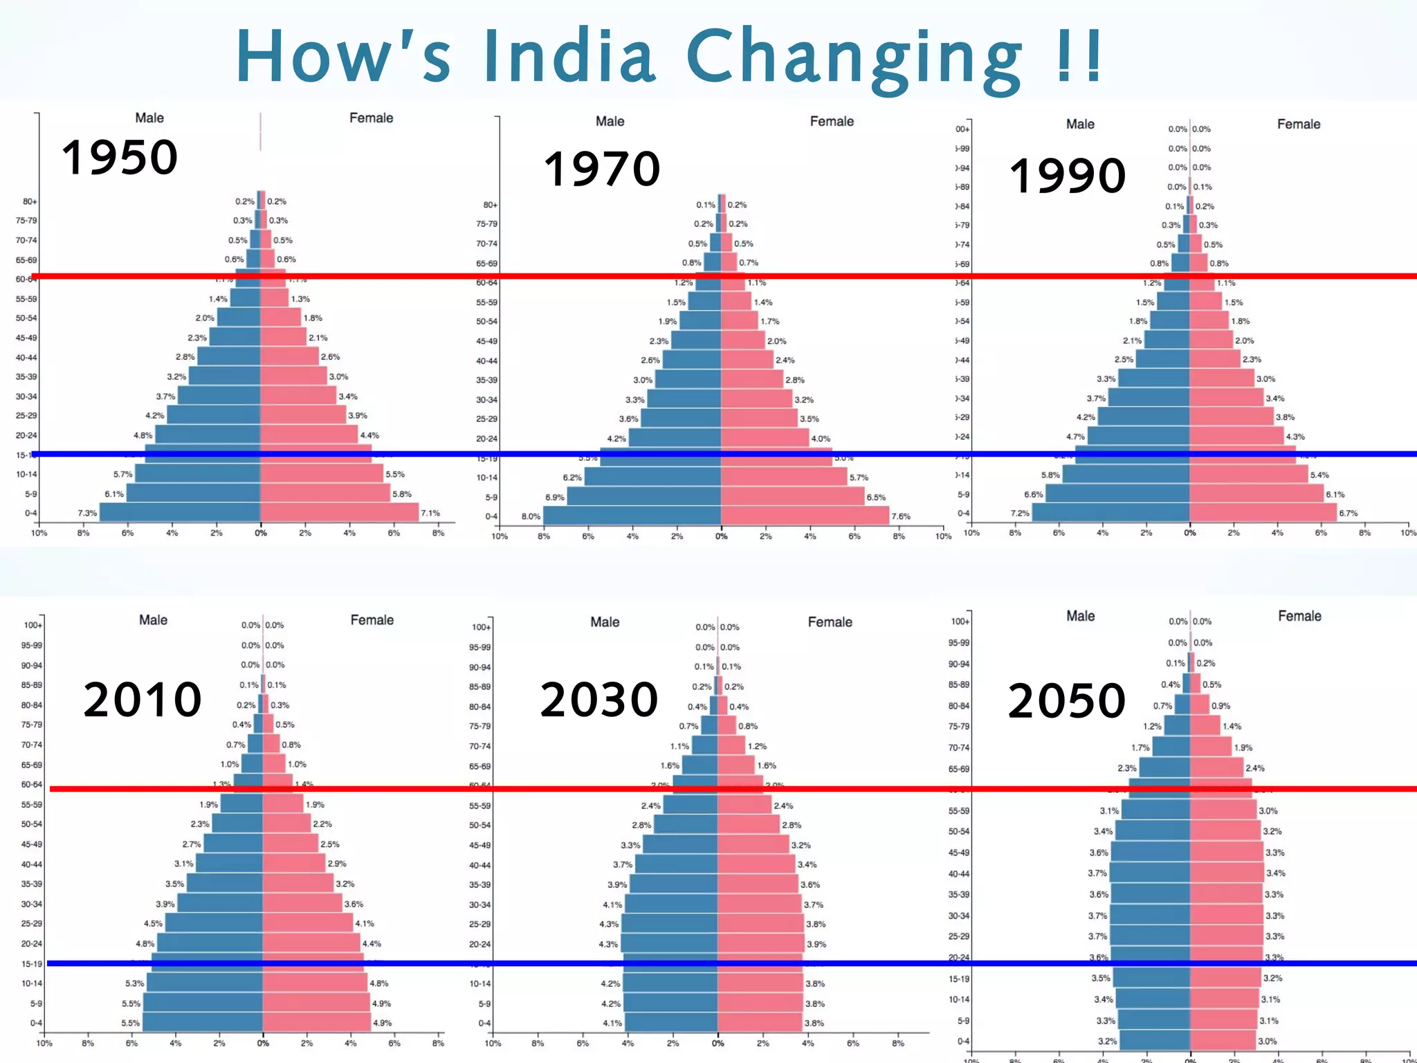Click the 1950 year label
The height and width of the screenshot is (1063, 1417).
[120, 157]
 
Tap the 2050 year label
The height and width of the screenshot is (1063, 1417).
[1066, 700]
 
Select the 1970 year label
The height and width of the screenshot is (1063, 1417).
[601, 169]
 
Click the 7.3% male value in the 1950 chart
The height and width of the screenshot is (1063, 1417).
[87, 513]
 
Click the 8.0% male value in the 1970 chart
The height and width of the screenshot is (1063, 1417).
[531, 516]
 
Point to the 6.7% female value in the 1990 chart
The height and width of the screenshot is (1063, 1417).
[1348, 513]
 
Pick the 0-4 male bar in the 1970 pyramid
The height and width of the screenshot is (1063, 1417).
[631, 516]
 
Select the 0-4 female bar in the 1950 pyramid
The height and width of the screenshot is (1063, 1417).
[339, 512]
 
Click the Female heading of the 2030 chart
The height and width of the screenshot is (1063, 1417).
[830, 622]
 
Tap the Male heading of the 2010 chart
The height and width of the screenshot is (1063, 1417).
[153, 620]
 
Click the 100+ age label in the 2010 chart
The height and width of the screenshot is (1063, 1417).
[33, 625]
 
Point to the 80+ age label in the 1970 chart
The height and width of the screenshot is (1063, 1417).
[490, 205]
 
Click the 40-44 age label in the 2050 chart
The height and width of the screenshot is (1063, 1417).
[958, 873]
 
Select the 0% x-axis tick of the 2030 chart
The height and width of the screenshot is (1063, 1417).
[717, 1043]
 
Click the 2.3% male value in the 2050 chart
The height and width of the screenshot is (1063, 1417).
[1126, 768]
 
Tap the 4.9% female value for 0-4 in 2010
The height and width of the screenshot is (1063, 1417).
[382, 1023]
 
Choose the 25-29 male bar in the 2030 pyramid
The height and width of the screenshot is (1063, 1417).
[668, 924]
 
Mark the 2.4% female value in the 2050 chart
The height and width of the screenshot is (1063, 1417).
[1254, 768]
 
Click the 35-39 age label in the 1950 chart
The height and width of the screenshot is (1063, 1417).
[26, 377]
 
